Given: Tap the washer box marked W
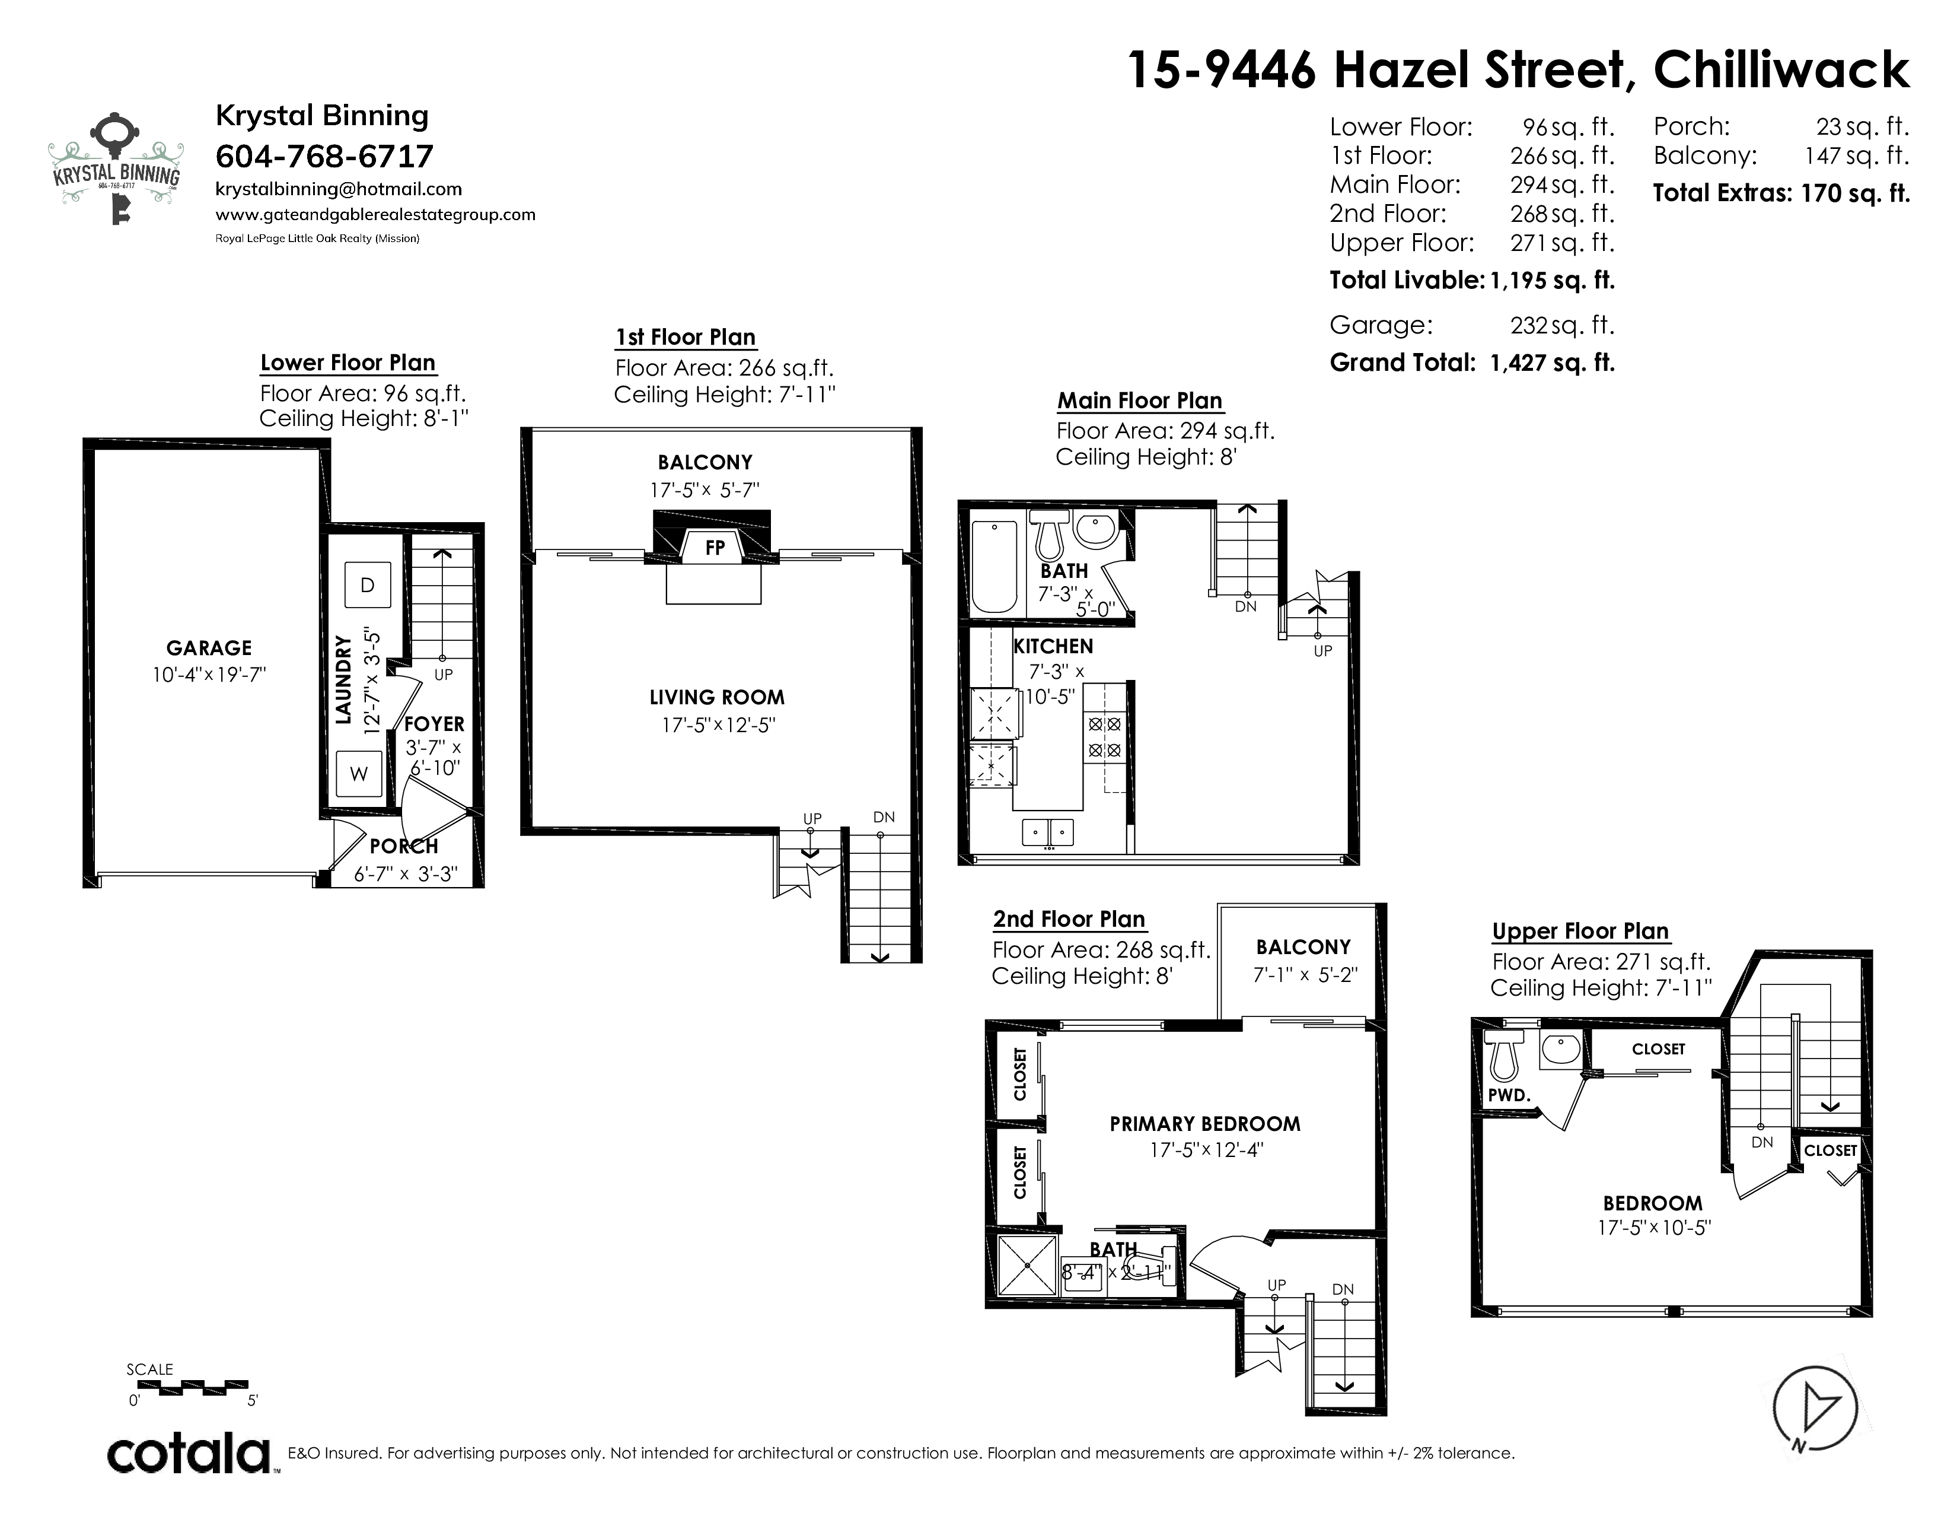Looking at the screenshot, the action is click(x=358, y=774).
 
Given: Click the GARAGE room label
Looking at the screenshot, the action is click(x=209, y=648).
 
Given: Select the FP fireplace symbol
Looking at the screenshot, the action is click(x=713, y=547).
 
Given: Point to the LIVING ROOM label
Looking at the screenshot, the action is click(x=717, y=697).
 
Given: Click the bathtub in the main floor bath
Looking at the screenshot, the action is click(x=995, y=567).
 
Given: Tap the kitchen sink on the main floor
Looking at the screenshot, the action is click(x=1048, y=832).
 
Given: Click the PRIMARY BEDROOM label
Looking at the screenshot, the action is click(x=1205, y=1124).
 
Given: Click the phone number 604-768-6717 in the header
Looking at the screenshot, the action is click(x=324, y=156).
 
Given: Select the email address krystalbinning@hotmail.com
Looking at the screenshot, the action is click(x=339, y=189).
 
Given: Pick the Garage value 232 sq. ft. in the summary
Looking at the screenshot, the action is click(x=1562, y=325).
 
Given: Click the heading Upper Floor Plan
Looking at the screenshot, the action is click(x=1580, y=932).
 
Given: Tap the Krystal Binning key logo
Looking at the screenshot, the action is click(x=116, y=170).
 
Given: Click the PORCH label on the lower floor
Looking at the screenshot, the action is click(x=403, y=846).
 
